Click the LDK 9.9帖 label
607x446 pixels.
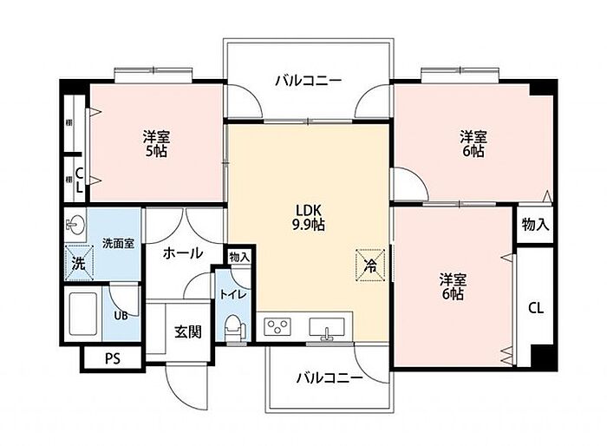(308, 218)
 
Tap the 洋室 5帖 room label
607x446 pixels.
(156, 144)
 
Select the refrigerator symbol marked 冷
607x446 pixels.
(370, 265)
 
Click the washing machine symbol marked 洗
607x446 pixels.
(79, 264)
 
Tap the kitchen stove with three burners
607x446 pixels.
(277, 326)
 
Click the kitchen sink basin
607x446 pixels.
(327, 327)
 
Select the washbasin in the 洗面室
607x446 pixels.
(76, 224)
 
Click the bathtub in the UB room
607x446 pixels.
(82, 314)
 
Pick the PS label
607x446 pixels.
(113, 358)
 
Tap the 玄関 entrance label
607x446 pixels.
(188, 331)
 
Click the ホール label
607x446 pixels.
(183, 253)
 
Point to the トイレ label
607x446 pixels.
(233, 294)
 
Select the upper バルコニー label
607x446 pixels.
(309, 81)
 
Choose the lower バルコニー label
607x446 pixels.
(330, 377)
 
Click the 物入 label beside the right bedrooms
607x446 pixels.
(535, 225)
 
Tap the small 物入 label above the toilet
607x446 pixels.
(239, 257)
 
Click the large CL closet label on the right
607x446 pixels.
(536, 308)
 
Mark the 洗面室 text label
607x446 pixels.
(119, 244)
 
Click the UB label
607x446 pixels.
(121, 316)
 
